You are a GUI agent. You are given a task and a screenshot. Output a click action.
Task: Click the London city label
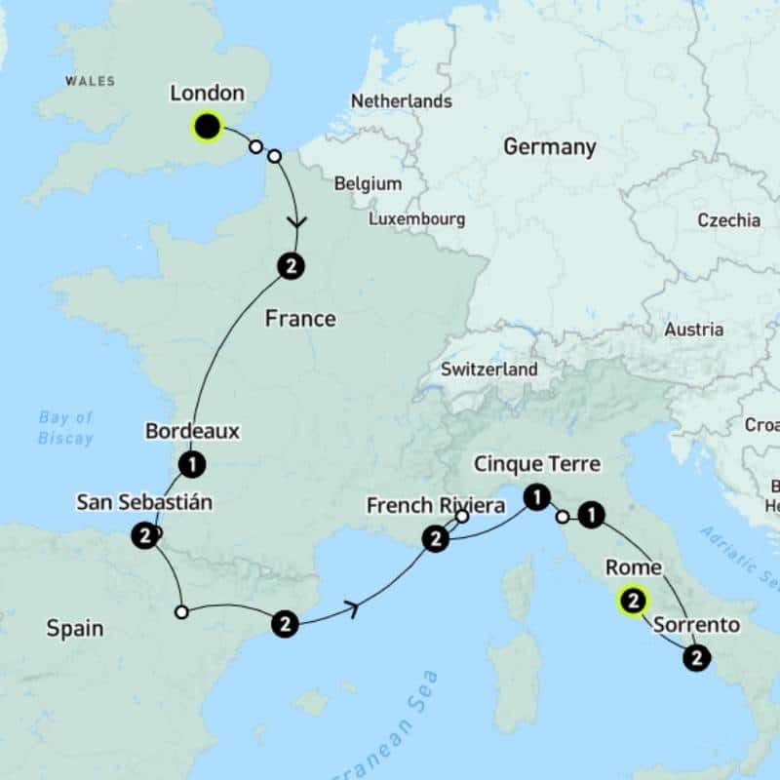click(206, 94)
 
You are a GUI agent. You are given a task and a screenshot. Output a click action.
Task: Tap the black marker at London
click(207, 126)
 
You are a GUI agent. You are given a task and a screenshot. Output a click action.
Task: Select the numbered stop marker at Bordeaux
click(192, 464)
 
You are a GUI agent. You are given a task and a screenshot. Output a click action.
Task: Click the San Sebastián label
click(144, 503)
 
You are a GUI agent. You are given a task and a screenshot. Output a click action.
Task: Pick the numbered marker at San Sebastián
click(144, 535)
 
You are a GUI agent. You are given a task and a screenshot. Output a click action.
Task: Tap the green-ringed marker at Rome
click(633, 602)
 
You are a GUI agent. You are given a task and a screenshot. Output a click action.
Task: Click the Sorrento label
click(696, 625)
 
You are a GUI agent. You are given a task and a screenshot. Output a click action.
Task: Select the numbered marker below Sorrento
click(696, 659)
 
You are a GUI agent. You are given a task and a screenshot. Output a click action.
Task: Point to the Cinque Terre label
click(536, 464)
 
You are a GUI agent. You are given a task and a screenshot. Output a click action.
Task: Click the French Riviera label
click(436, 506)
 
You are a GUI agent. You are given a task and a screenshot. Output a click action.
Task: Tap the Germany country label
click(549, 147)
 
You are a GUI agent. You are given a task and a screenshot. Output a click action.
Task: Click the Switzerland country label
click(488, 370)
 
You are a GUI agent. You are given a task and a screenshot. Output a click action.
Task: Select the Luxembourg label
click(416, 219)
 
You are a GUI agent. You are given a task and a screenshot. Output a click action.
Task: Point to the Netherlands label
click(401, 101)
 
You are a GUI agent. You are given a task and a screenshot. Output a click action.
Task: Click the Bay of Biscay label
click(65, 428)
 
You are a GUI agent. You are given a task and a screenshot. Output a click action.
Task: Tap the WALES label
click(90, 81)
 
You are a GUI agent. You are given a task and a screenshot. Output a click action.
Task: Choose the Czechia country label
click(728, 220)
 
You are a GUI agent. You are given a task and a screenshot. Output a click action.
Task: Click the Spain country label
click(75, 629)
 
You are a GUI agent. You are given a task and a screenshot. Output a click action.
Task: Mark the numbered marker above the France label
click(291, 264)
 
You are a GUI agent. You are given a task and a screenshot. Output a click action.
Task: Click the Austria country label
click(693, 330)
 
